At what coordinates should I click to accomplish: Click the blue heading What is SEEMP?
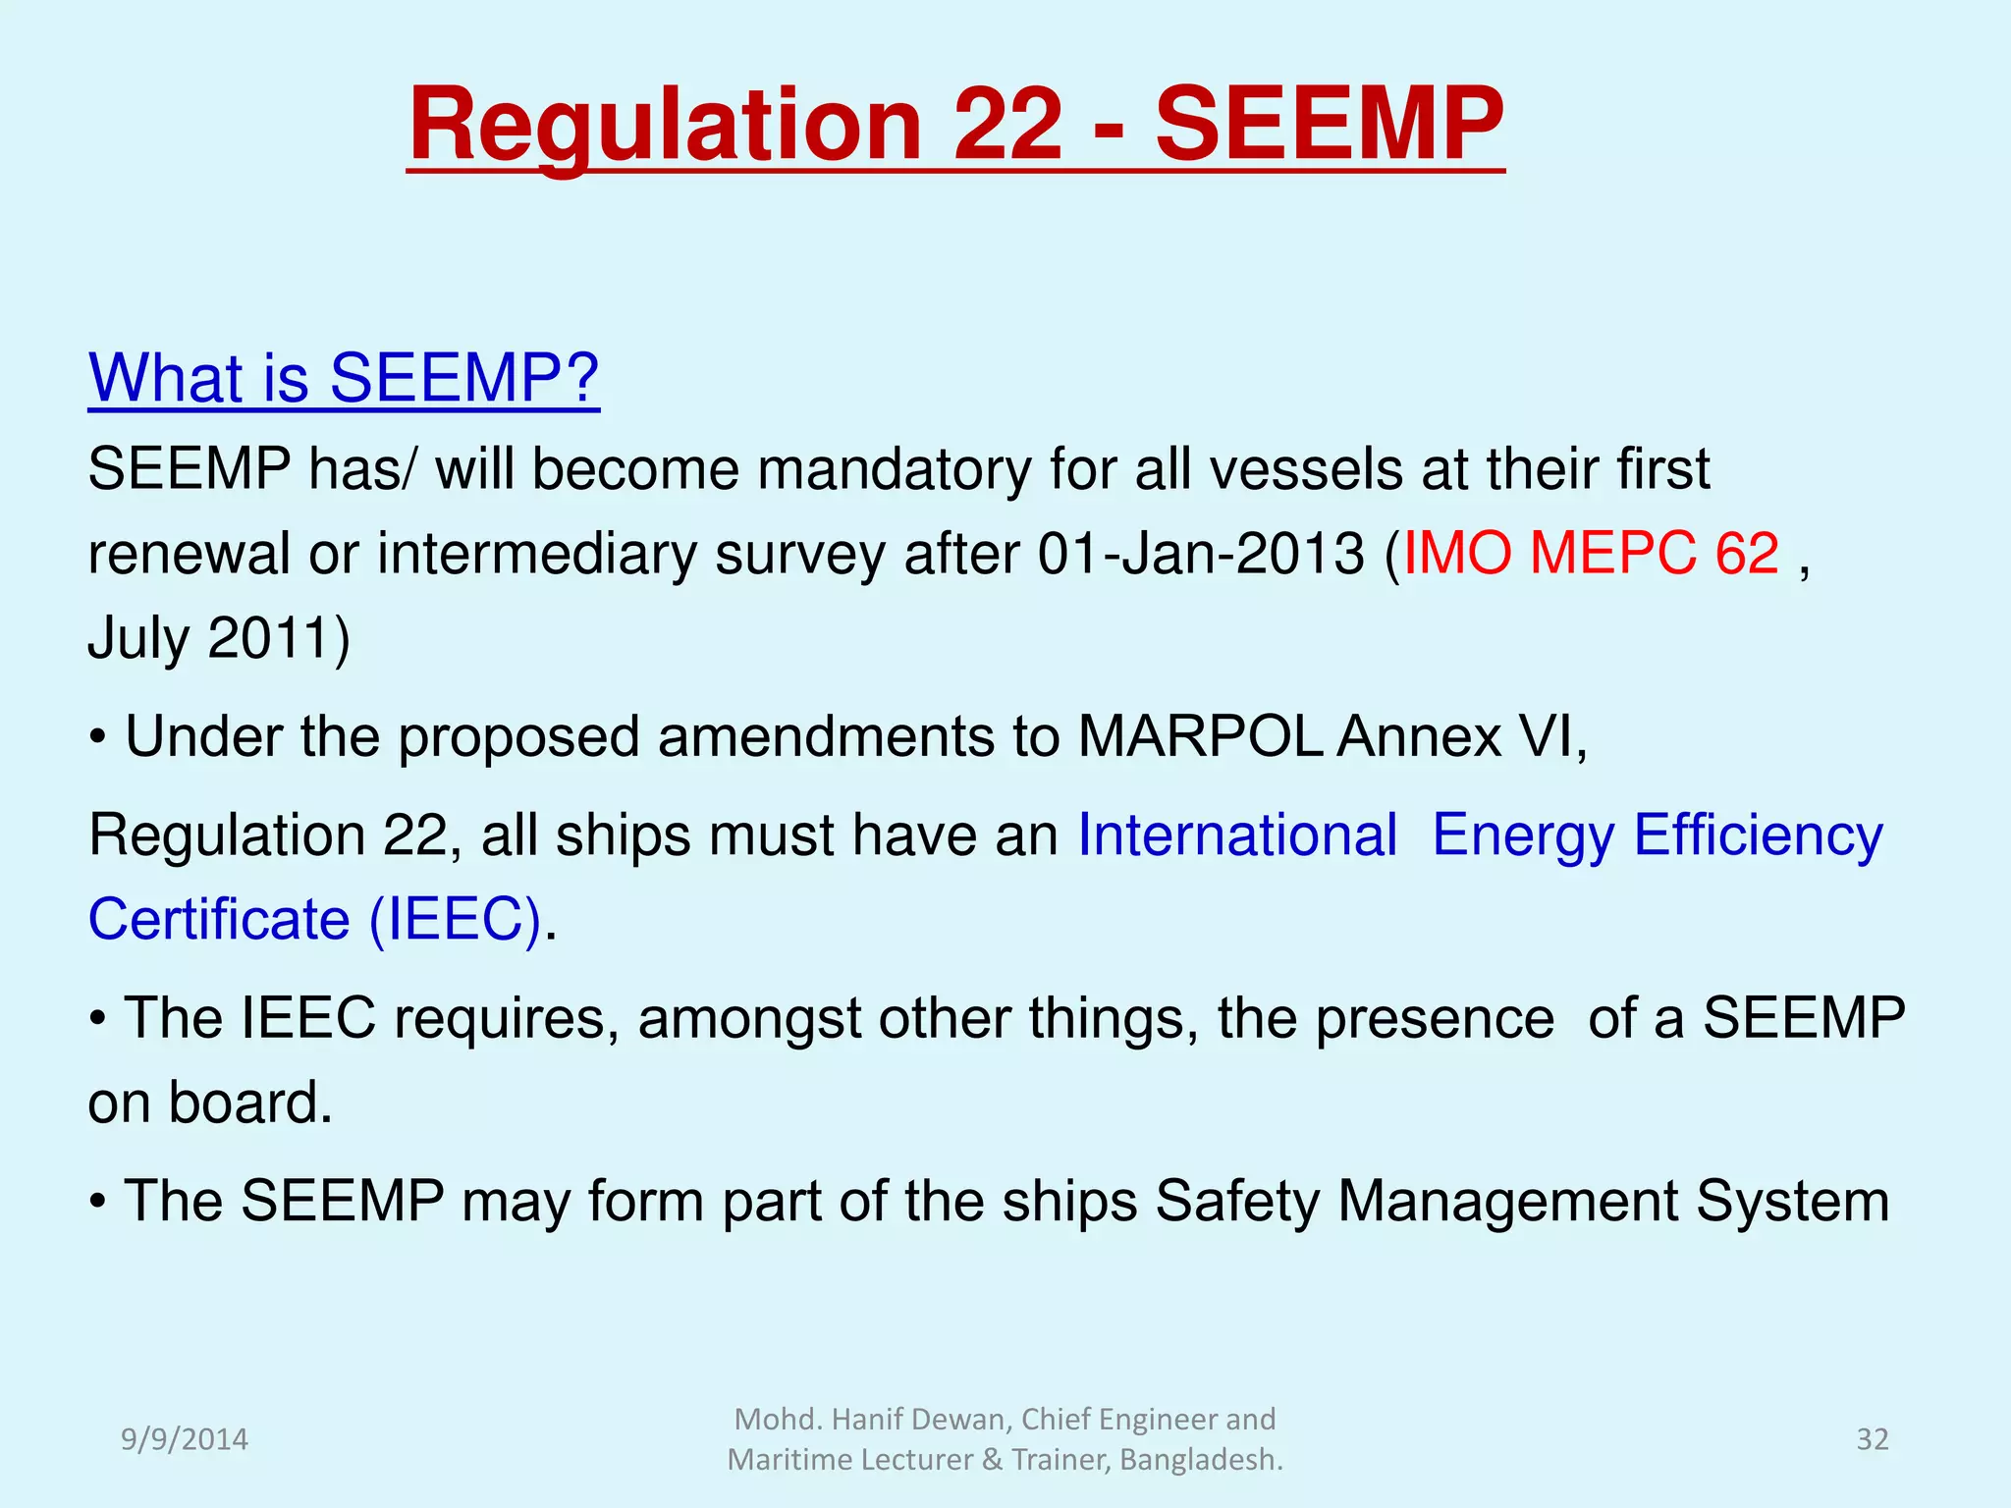tap(344, 377)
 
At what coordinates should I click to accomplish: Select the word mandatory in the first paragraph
tap(894, 469)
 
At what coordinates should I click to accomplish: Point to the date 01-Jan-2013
tap(1201, 554)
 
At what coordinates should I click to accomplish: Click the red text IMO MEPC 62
tap(1591, 553)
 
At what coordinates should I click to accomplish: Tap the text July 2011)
tap(218, 638)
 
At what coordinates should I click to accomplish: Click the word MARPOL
tap(1200, 736)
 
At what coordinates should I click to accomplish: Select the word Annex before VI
tap(1419, 736)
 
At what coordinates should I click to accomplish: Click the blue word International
tap(1237, 835)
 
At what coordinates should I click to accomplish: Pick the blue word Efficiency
tap(1758, 835)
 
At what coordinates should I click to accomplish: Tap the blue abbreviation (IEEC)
tap(455, 920)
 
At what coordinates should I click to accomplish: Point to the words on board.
tap(210, 1103)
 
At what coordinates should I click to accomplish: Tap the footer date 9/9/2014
tap(184, 1439)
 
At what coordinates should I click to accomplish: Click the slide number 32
tap(1872, 1439)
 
